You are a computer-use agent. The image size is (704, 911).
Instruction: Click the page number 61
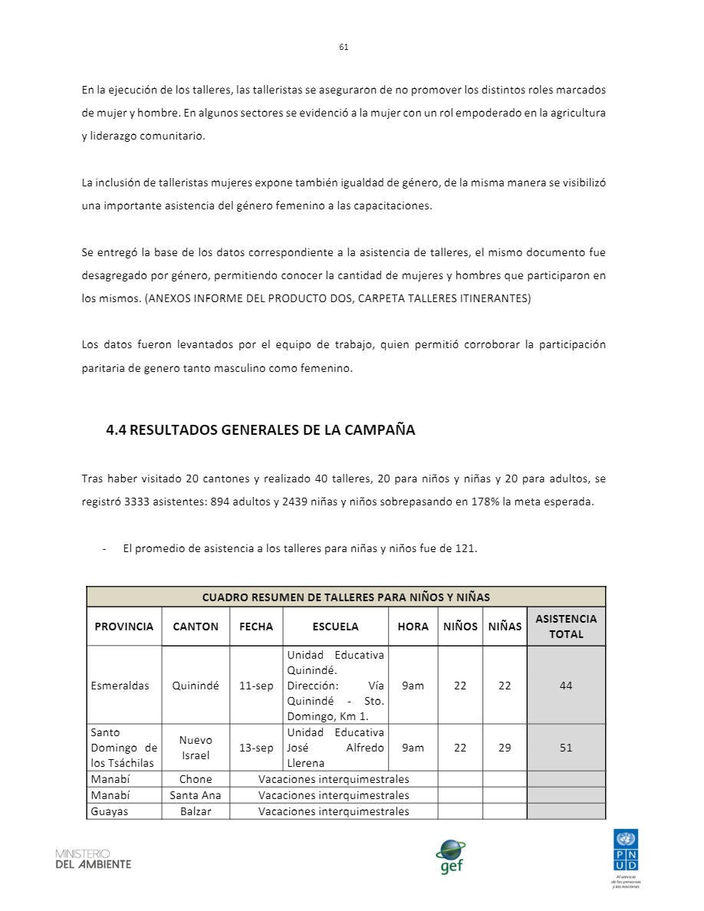point(344,47)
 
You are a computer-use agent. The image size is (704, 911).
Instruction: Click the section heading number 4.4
point(116,430)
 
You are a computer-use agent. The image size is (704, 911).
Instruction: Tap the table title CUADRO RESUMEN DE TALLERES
point(346,597)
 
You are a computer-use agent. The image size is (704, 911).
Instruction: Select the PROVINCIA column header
point(124,627)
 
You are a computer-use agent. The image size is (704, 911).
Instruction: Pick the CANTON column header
point(196,627)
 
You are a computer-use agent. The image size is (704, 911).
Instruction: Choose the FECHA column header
point(256,627)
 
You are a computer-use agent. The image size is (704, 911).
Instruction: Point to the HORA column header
point(413,627)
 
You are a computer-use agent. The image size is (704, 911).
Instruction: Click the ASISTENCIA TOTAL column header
point(566,627)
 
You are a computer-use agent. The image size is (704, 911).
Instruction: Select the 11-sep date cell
point(256,686)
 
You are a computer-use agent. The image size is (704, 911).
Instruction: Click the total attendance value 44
point(566,686)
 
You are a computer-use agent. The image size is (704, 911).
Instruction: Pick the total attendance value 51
point(566,748)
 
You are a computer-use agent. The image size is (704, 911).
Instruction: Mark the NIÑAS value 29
point(505,748)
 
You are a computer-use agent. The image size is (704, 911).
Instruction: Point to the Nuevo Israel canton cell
point(196,748)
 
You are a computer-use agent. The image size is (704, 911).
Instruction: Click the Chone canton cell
point(196,779)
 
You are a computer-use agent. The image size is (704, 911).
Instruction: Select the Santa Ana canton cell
point(196,795)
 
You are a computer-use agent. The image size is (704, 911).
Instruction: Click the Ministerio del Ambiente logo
point(93,859)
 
